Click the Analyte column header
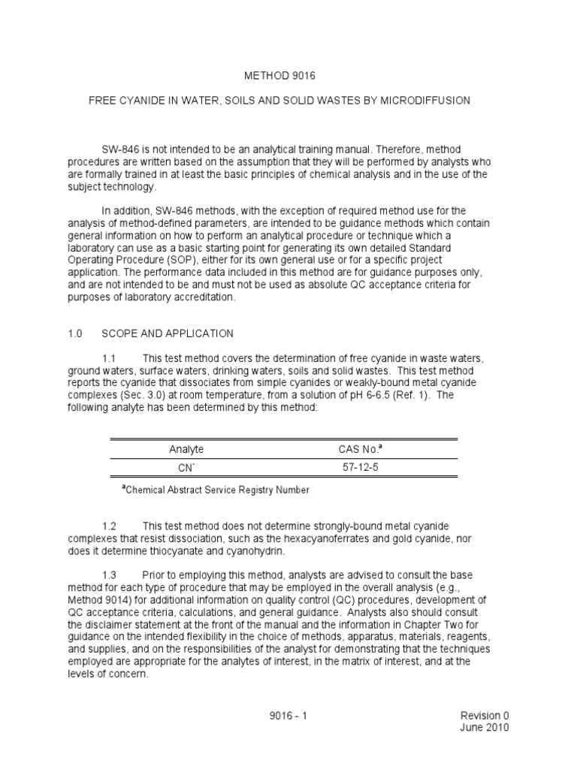click(x=186, y=449)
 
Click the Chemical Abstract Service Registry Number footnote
click(x=216, y=490)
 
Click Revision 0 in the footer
click(x=484, y=716)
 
